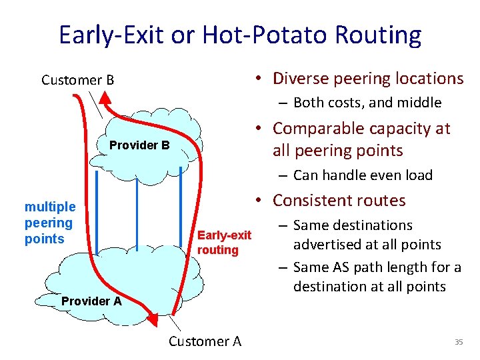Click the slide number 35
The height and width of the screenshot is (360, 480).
458,342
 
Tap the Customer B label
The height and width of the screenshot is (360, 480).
77,81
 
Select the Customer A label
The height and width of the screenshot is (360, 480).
205,341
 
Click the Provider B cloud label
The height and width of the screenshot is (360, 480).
139,145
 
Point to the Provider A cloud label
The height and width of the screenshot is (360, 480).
91,301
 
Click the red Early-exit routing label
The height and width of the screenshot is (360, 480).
224,242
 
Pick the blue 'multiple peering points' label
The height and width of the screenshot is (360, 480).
49,223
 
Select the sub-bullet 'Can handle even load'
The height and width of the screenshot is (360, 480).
363,175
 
